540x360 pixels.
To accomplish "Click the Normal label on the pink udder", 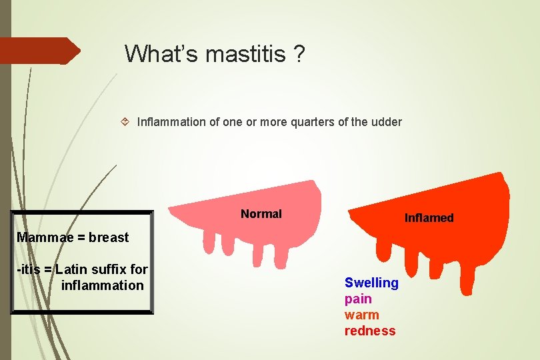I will [x=261, y=214].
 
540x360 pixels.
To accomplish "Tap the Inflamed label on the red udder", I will [x=429, y=218].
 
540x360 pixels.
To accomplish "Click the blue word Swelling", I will [x=371, y=283].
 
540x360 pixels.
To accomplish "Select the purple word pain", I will [x=358, y=299].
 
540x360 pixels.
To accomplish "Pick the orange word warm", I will [x=361, y=315].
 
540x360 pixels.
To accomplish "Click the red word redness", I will [x=370, y=331].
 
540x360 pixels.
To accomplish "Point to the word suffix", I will [x=109, y=269].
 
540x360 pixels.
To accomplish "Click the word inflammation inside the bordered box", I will [x=102, y=285].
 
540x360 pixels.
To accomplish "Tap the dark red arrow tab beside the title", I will [x=40, y=51].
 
